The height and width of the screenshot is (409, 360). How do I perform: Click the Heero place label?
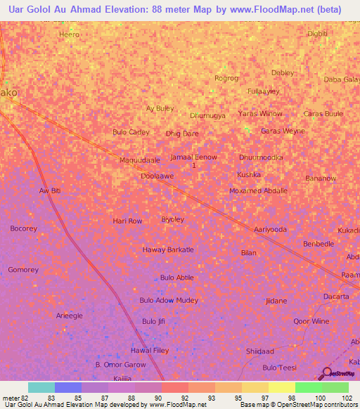tap(69, 34)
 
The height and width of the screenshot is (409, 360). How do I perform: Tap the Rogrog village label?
tap(226, 78)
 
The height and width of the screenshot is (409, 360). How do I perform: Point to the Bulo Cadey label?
tap(131, 132)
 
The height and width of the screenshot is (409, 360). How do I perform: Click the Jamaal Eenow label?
tap(193, 157)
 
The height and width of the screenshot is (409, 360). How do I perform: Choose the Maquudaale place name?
tap(139, 160)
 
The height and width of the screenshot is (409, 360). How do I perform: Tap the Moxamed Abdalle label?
tap(258, 191)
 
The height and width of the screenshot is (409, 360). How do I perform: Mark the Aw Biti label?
tap(51, 191)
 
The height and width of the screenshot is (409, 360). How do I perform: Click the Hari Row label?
tap(127, 221)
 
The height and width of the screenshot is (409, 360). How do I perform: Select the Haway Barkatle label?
tap(168, 249)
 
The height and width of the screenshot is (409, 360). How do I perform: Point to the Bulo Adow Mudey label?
tap(169, 301)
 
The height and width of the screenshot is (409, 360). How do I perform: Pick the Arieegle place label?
tap(69, 316)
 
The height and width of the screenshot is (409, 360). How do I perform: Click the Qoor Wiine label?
tap(311, 321)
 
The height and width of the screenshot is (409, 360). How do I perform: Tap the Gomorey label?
tap(23, 270)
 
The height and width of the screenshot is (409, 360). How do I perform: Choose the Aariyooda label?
tap(270, 230)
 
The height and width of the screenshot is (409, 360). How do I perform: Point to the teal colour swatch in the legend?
tap(41, 387)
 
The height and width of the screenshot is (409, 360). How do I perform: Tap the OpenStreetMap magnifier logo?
tap(328, 372)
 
